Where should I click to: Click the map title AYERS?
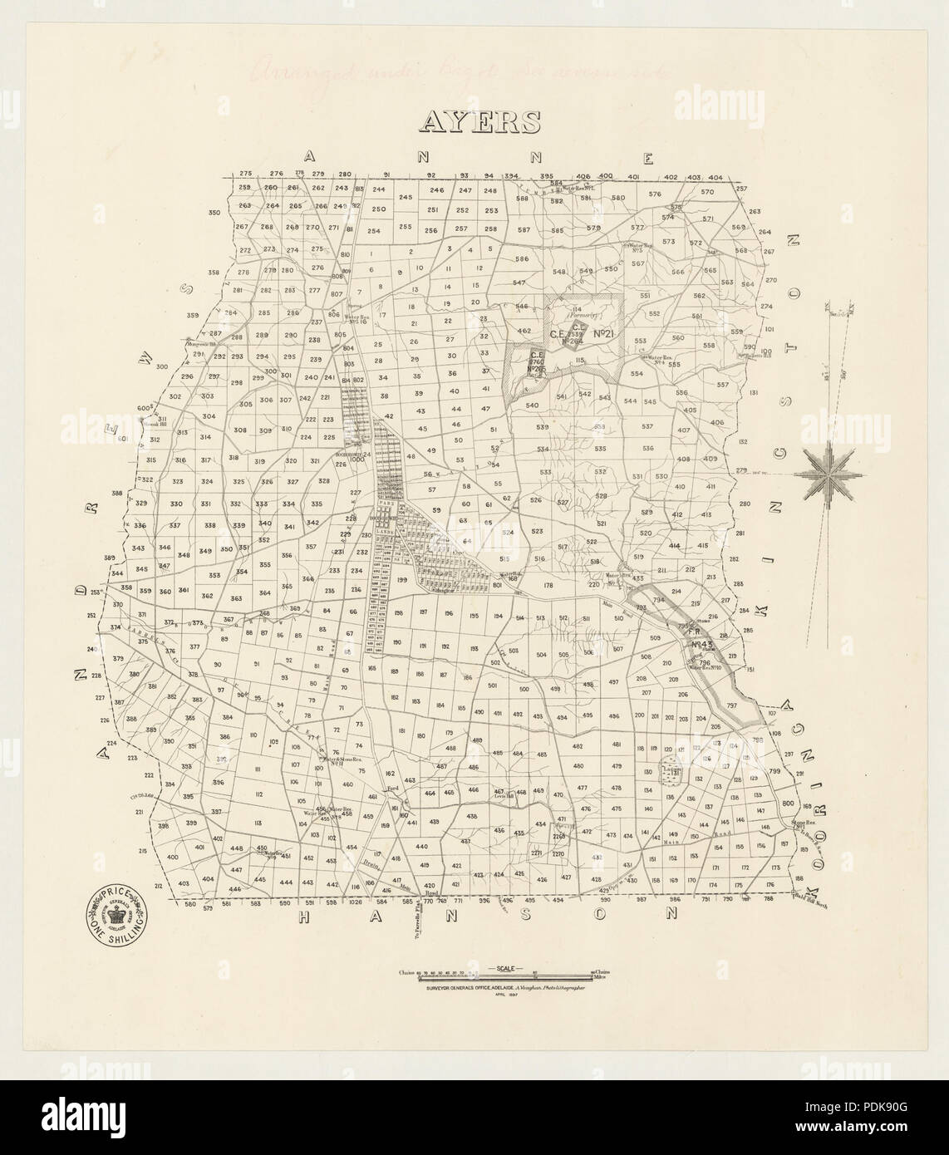pos(480,122)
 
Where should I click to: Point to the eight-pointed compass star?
pos(830,474)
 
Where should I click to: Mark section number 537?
pos(647,426)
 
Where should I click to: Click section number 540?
pos(533,405)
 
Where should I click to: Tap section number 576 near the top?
pos(655,194)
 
